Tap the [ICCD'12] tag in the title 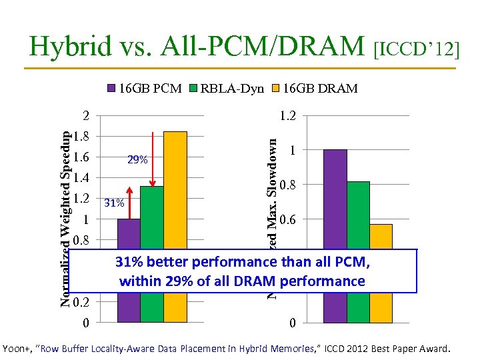pos(417,48)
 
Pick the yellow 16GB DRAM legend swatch pos(276,88)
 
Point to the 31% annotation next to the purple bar pos(115,203)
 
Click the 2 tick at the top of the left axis pos(85,116)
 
